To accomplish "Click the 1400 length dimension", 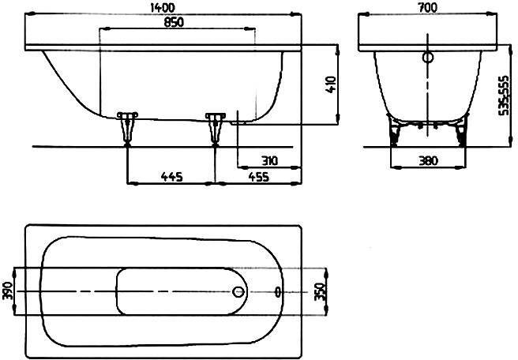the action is pos(162,7).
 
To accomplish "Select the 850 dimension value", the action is pos(174,22).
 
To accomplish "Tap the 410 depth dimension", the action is pos(331,84).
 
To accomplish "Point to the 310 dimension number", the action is pos(270,161).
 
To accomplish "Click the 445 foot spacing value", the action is pos(172,177).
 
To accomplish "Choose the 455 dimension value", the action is pos(259,177).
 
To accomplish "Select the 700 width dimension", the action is pos(427,7).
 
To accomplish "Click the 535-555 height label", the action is pos(504,96).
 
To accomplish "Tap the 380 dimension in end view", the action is pos(429,161).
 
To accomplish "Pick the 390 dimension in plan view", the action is pos(8,291).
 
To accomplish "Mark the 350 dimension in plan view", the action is pos(320,291).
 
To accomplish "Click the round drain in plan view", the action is pos(238,291).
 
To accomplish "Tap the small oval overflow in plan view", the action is pos(278,291).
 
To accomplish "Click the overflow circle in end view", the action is pos(428,58).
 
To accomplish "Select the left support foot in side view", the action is pos(127,129).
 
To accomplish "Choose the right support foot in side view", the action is pos(216,129).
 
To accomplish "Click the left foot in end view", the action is pos(395,131).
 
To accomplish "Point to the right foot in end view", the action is pos(461,131).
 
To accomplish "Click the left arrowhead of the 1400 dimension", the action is pos(30,14).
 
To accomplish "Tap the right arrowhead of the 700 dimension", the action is pos(492,14).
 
